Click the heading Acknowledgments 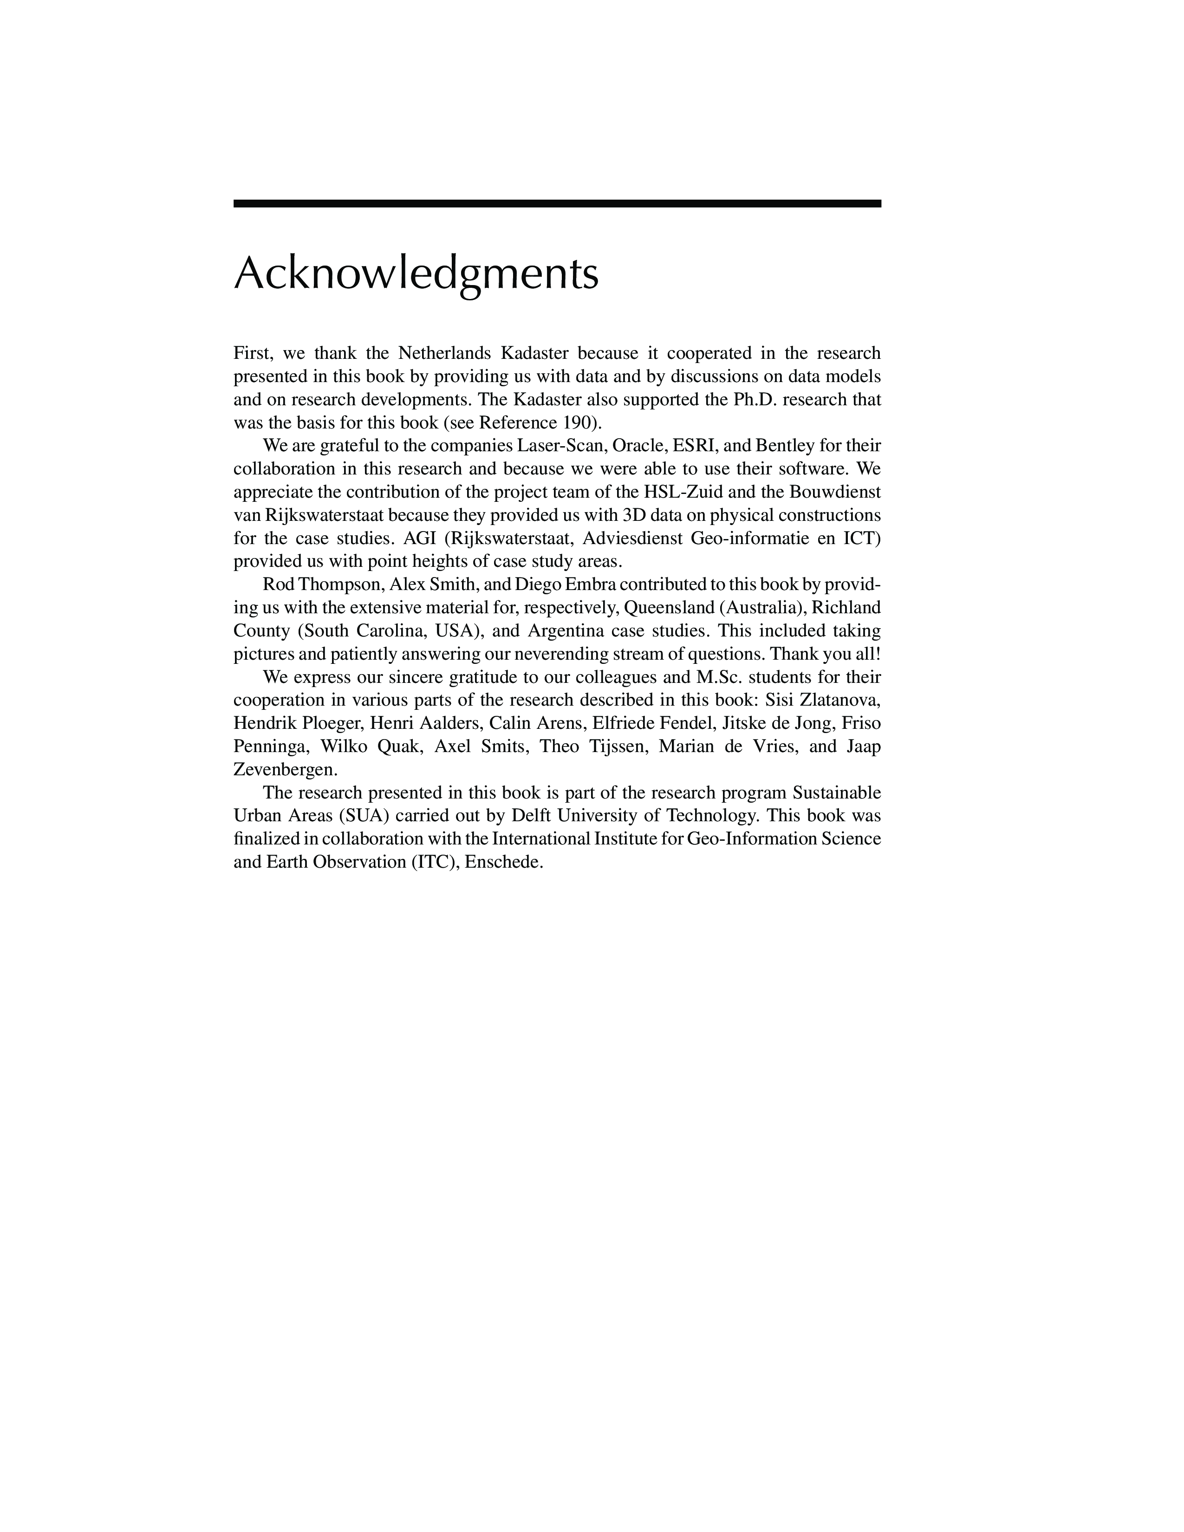point(416,273)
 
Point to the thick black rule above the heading point(557,203)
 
